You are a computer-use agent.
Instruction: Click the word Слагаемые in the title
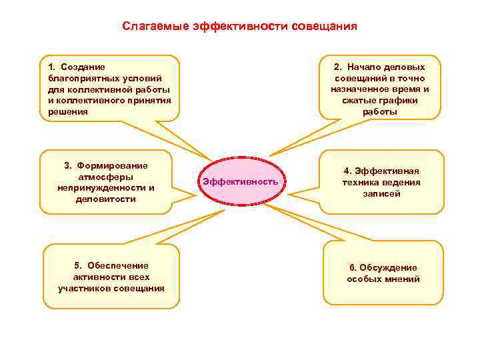155,27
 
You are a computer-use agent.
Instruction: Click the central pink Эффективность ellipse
240,182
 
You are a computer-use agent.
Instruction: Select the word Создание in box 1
87,67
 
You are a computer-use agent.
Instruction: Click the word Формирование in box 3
113,165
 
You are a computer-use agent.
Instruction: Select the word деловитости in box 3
106,199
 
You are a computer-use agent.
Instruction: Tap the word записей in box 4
381,193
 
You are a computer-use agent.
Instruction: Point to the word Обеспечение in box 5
121,265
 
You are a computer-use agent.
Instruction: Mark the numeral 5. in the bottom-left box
78,265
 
